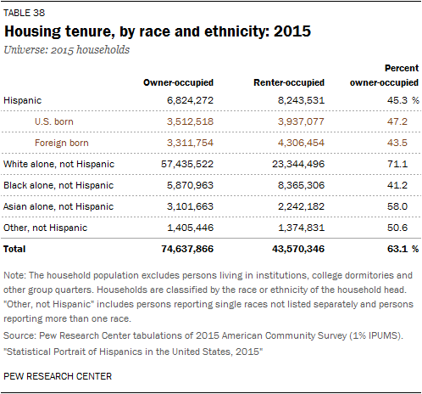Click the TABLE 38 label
click(x=24, y=13)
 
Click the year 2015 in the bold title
click(x=292, y=31)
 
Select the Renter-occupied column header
click(x=289, y=82)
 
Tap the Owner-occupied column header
click(x=178, y=82)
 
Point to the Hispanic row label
click(x=23, y=100)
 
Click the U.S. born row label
click(x=54, y=121)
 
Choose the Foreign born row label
click(x=62, y=143)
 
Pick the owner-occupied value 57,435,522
click(x=187, y=164)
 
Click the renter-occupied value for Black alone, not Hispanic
click(x=301, y=185)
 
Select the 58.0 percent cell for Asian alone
click(x=397, y=206)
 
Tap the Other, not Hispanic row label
click(x=45, y=228)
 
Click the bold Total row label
click(x=14, y=249)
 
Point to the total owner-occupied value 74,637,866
click(x=187, y=249)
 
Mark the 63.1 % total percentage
click(x=403, y=249)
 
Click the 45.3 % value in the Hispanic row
click(x=403, y=100)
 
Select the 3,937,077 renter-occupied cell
click(x=301, y=121)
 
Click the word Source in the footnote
click(x=19, y=335)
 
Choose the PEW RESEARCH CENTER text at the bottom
click(x=58, y=376)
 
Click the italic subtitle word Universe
click(x=25, y=49)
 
